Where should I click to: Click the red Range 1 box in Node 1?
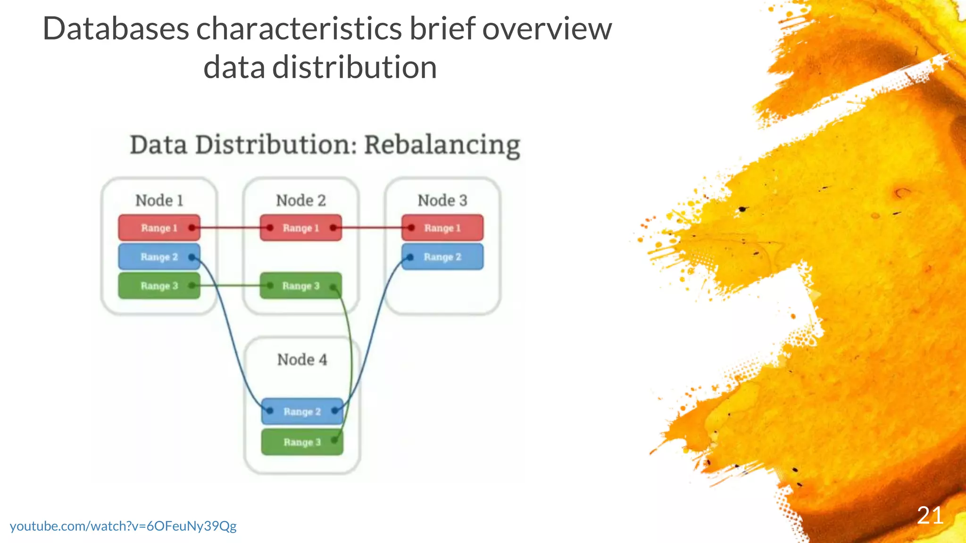click(x=159, y=228)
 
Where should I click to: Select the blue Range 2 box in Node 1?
click(x=159, y=257)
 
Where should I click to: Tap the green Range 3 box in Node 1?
click(x=159, y=286)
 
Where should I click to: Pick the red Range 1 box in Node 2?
click(x=300, y=228)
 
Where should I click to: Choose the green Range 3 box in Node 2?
click(x=300, y=286)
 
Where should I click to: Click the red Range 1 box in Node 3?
click(x=442, y=228)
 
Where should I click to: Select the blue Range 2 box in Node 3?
click(x=442, y=257)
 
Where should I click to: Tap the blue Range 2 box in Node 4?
click(x=302, y=411)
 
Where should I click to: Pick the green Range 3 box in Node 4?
click(x=302, y=442)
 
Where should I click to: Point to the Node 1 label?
click(x=159, y=200)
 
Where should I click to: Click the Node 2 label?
click(x=301, y=200)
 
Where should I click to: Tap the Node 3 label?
click(x=442, y=200)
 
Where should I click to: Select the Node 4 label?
click(x=302, y=360)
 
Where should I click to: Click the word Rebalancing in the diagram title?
click(x=442, y=145)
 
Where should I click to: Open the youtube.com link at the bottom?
click(x=123, y=526)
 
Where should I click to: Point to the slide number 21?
click(x=930, y=516)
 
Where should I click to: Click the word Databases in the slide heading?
click(x=116, y=29)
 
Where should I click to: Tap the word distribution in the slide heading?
click(x=354, y=67)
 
